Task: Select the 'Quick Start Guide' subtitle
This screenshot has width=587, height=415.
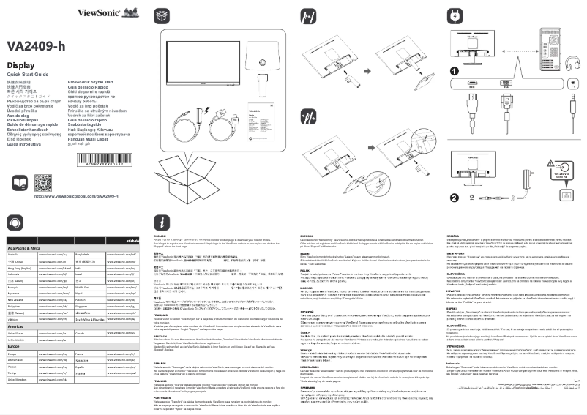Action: coord(27,75)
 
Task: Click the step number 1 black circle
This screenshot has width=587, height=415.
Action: coord(454,71)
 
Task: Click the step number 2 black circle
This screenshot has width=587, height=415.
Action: coord(454,196)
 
